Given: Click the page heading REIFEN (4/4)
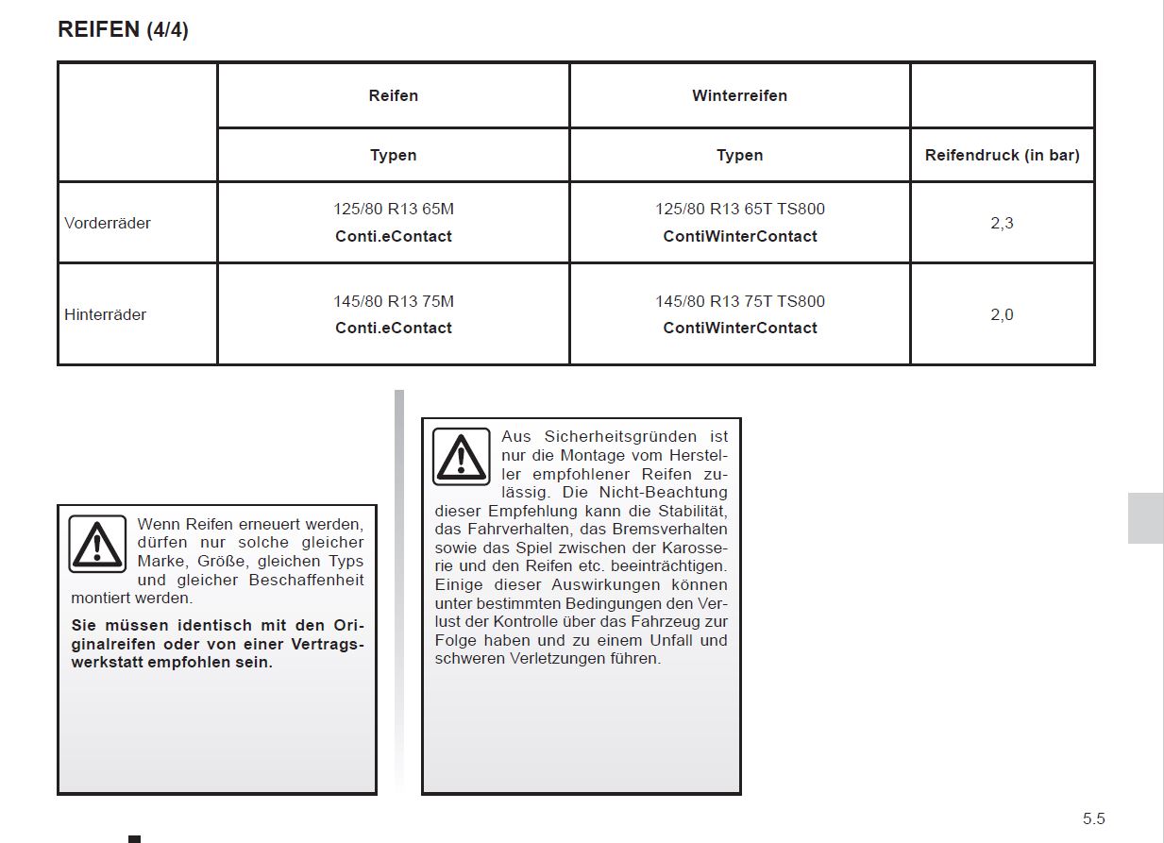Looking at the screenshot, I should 123,29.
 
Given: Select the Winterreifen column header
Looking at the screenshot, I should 739,95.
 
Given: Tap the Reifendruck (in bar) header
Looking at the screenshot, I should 1002,155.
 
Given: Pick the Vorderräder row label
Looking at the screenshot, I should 108,223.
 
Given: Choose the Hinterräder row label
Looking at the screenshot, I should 106,314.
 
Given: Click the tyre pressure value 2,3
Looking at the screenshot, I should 1002,223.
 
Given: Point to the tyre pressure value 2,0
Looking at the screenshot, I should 1002,314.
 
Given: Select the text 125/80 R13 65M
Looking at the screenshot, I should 393,209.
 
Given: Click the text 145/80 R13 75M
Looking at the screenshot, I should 393,301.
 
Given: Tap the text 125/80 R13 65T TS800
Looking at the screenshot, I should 739,209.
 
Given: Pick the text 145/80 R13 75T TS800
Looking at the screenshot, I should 739,301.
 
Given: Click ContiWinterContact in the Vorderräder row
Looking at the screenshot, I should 739,236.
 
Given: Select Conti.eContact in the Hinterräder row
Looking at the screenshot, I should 393,328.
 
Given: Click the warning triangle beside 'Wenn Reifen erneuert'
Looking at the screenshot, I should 97,544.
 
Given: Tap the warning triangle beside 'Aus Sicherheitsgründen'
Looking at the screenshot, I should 461,456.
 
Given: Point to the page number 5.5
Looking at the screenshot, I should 1093,818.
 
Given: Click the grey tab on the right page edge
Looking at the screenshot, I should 1145,517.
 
